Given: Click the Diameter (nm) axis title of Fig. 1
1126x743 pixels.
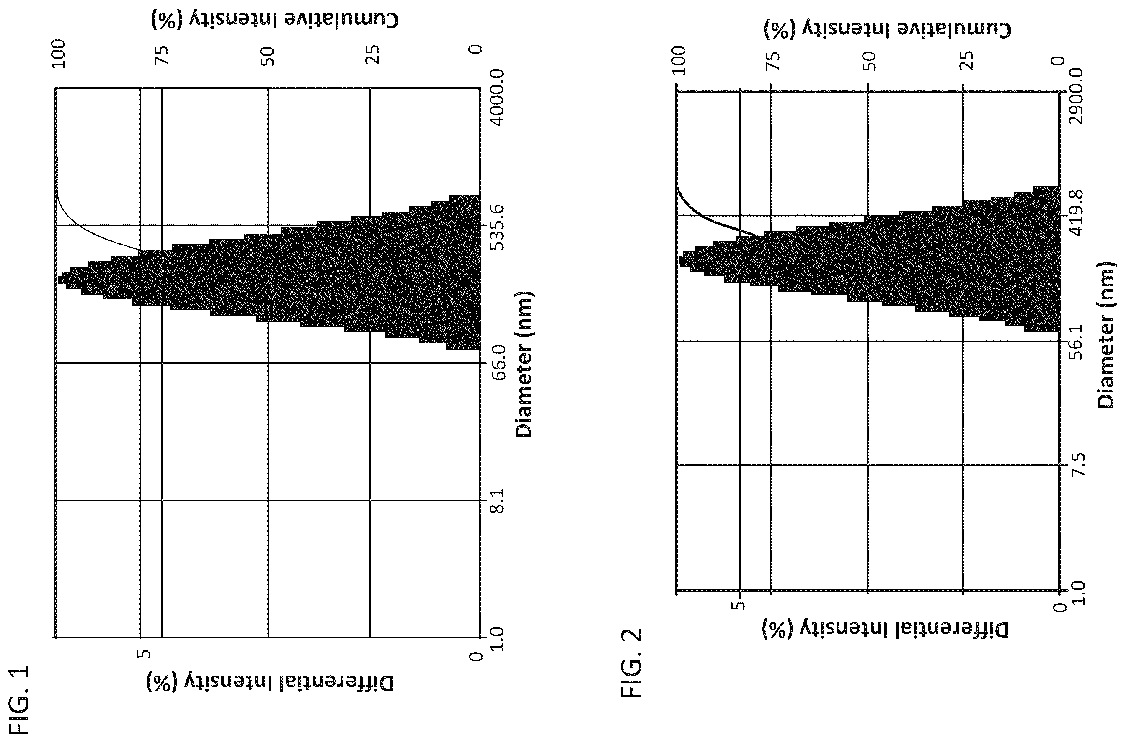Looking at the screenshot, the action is [x=524, y=364].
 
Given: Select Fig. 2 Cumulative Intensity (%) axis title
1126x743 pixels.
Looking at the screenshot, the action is [x=888, y=29].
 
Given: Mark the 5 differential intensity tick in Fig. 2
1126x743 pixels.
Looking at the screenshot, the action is [x=739, y=606].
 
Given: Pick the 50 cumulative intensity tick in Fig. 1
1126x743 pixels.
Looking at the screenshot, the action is [x=268, y=57].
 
